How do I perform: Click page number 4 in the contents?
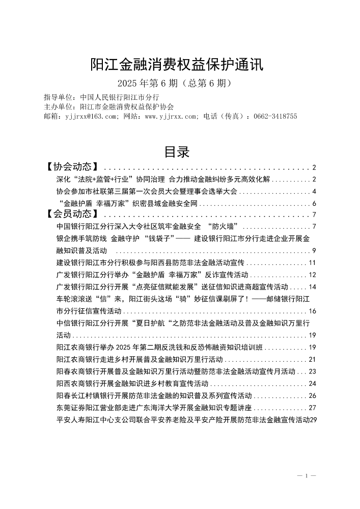pos(315,192)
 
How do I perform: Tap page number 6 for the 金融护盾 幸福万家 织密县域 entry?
pos(315,204)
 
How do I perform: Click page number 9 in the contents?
pos(315,250)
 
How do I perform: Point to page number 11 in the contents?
pos(313,262)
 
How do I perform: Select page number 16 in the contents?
pos(313,311)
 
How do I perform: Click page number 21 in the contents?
pos(313,359)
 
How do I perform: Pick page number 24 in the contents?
pos(313,383)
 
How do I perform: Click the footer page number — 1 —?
pos(307,475)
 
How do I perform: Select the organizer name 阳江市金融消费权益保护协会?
pos(127,107)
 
